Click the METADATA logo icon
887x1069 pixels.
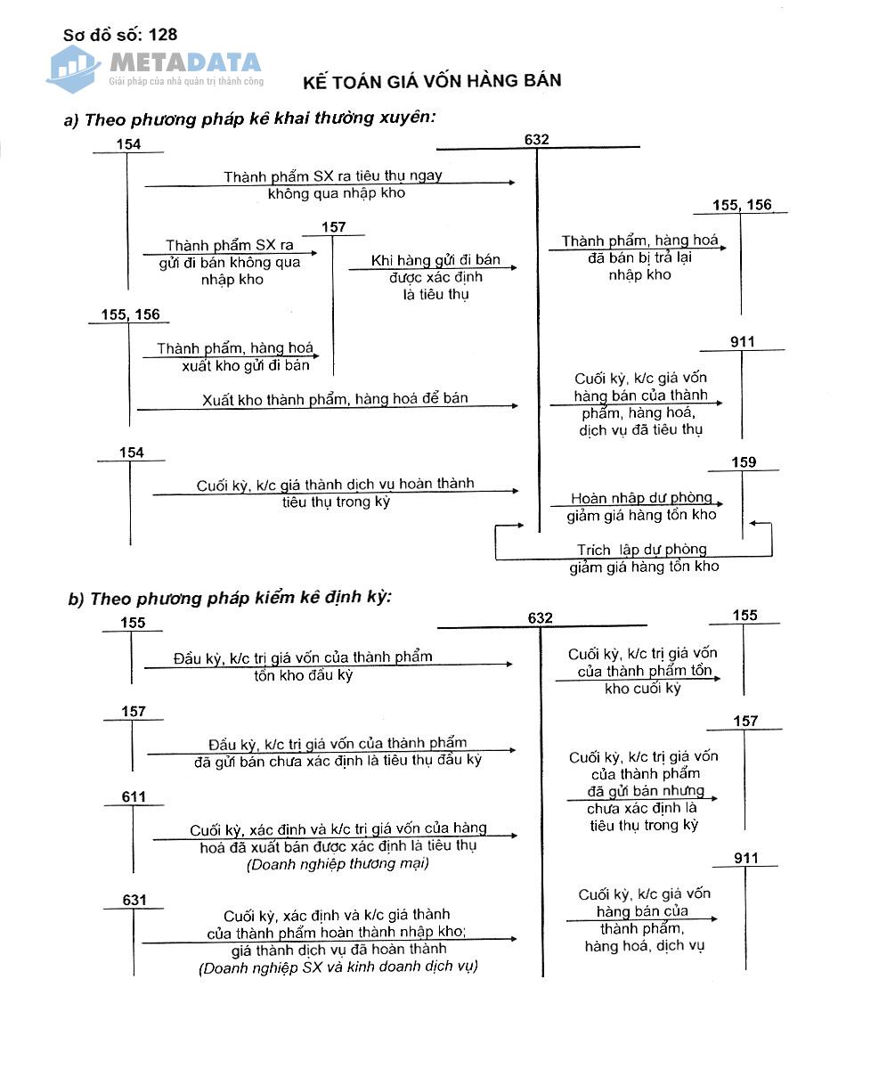73,68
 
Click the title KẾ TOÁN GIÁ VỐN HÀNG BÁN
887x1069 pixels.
432,81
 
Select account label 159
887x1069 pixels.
743,462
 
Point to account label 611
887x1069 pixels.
134,796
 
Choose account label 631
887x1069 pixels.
134,901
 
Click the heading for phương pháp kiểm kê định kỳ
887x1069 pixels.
230,598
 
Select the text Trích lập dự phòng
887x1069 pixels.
641,550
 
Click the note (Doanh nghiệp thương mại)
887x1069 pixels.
338,863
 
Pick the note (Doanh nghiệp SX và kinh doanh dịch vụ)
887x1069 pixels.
338,967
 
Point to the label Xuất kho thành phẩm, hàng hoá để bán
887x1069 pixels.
335,399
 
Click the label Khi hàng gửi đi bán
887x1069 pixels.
435,260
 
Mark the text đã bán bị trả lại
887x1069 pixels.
639,257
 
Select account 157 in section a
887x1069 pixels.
333,227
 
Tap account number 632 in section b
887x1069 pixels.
540,618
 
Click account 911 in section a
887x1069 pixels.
742,342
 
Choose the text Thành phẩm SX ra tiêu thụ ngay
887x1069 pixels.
332,176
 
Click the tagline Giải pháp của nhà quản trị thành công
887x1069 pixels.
186,81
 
